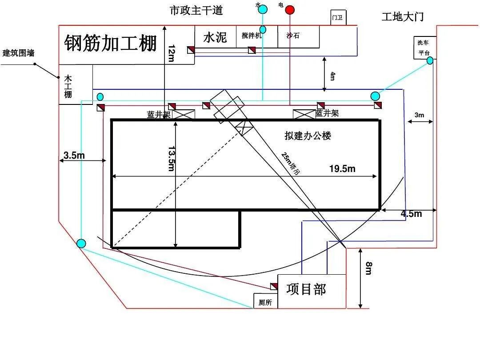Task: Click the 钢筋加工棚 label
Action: pyautogui.click(x=111, y=43)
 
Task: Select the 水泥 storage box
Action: pyautogui.click(x=215, y=37)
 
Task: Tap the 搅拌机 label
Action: pyautogui.click(x=252, y=36)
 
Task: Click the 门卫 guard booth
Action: pyautogui.click(x=338, y=18)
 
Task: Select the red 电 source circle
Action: pyautogui.click(x=290, y=10)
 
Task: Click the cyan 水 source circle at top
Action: pyautogui.click(x=263, y=9)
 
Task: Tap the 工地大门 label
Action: pyautogui.click(x=403, y=17)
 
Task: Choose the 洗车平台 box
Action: pyautogui.click(x=424, y=47)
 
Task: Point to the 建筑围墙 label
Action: pyautogui.click(x=18, y=53)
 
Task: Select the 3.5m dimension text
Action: pyautogui.click(x=74, y=155)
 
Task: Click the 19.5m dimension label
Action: pyautogui.click(x=342, y=168)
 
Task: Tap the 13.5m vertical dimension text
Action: pyautogui.click(x=171, y=158)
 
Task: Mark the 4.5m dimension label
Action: pyautogui.click(x=411, y=214)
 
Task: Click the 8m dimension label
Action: pyautogui.click(x=368, y=268)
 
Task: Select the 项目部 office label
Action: pyautogui.click(x=306, y=289)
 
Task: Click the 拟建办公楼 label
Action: pyautogui.click(x=308, y=136)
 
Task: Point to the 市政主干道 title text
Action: pyautogui.click(x=196, y=10)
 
